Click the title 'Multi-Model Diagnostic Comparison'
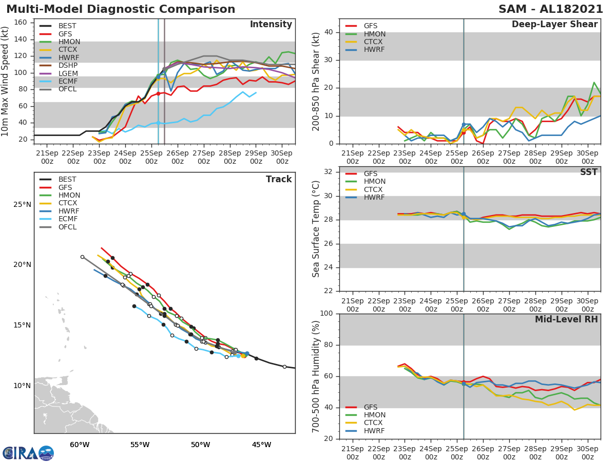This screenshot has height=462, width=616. click(x=121, y=9)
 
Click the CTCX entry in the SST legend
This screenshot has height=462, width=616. click(x=374, y=189)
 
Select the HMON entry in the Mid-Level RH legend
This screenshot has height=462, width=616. click(x=374, y=415)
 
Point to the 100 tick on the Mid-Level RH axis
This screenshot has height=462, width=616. click(x=326, y=314)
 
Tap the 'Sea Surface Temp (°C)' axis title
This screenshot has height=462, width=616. click(x=316, y=229)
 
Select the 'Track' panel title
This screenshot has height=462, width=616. click(x=279, y=179)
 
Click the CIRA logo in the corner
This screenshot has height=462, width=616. click(x=28, y=453)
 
